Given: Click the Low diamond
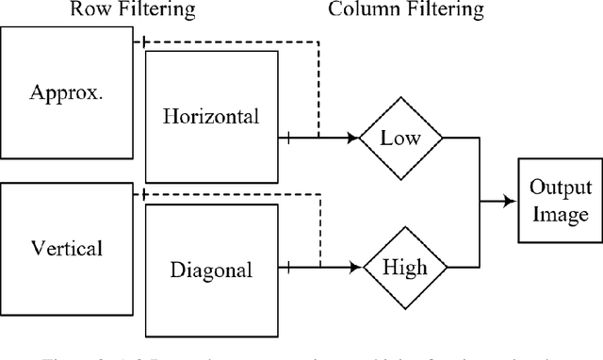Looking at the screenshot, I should point(400,138).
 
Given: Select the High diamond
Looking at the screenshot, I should point(400,268).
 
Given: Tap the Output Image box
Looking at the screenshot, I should point(559,201).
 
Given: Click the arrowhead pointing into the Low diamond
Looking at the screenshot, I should point(359,138).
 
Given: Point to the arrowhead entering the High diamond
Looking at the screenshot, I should point(359,268).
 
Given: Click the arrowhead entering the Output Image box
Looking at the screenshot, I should point(512,200).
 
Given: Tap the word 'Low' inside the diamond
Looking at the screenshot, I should point(400,138).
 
